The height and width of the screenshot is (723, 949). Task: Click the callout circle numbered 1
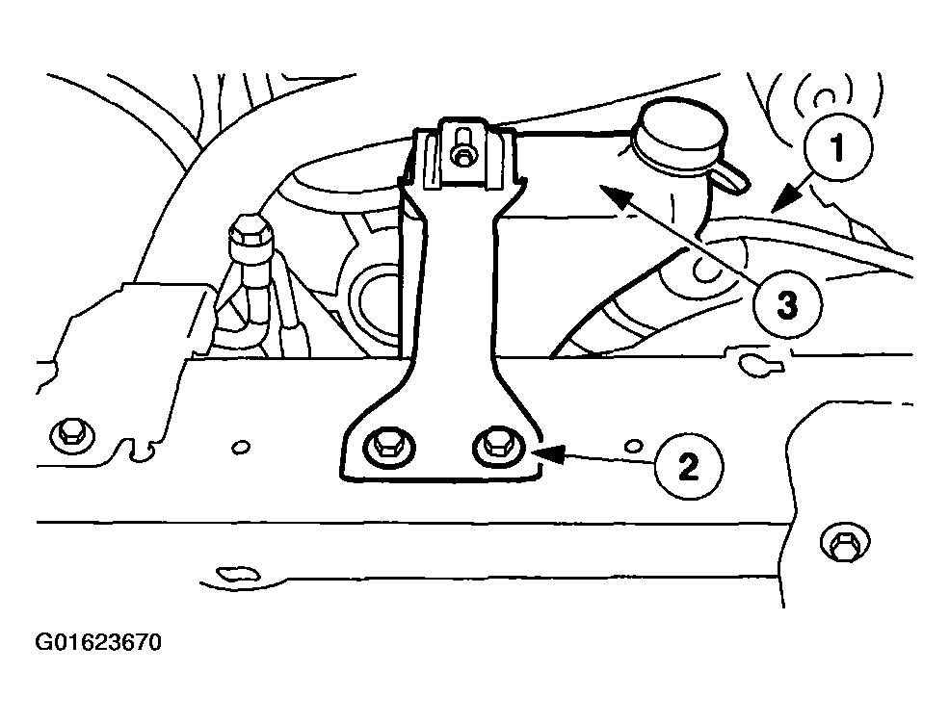(838, 147)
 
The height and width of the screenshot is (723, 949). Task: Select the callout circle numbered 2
(689, 467)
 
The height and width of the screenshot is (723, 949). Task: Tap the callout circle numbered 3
(787, 304)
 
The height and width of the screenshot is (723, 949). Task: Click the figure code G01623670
(98, 642)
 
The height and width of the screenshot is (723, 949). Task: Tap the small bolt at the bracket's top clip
(462, 147)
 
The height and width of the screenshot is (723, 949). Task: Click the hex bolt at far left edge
(72, 434)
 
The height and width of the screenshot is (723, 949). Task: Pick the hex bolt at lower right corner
(845, 542)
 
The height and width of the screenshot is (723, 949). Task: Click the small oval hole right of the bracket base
(633, 446)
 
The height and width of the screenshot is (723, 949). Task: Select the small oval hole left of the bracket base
(241, 448)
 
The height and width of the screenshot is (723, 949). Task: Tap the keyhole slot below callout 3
(760, 365)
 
